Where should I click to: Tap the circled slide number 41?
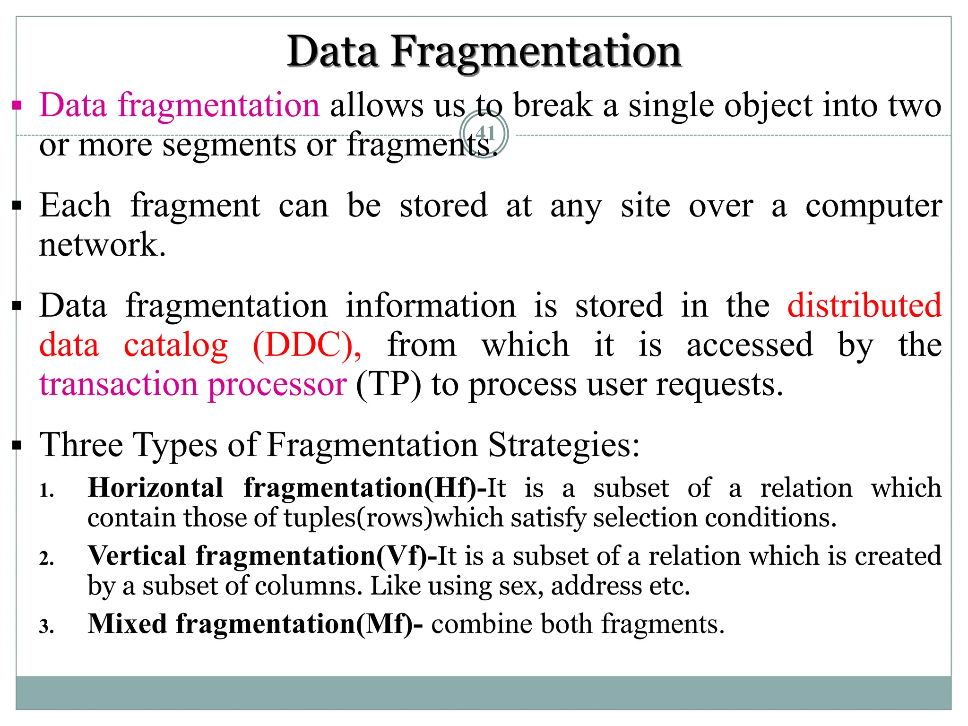pos(484,134)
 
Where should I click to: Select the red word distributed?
pos(864,306)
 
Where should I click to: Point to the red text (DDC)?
pos(307,345)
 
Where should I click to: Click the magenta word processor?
pos(277,384)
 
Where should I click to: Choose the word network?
pos(102,245)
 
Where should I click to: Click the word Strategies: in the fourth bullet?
pos(563,445)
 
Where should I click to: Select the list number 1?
pos(46,491)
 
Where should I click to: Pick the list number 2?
pos(46,559)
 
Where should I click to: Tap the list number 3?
pos(46,627)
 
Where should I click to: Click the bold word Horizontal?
pos(156,488)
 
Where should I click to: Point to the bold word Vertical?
pos(137,556)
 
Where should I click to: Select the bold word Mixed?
pos(128,624)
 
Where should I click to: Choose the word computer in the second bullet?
pos(873,206)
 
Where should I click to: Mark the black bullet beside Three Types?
pos(17,445)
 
